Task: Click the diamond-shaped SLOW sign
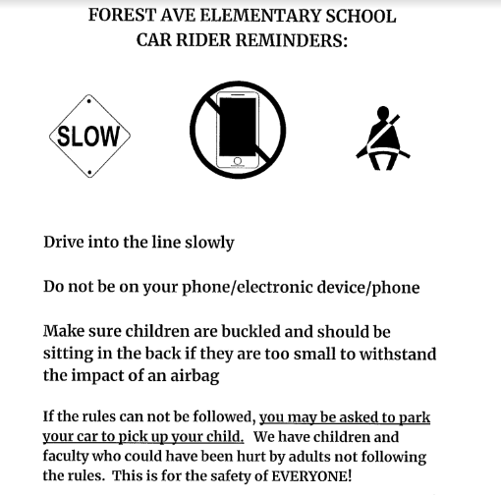coord(89,136)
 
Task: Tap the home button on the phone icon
coord(236,160)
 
